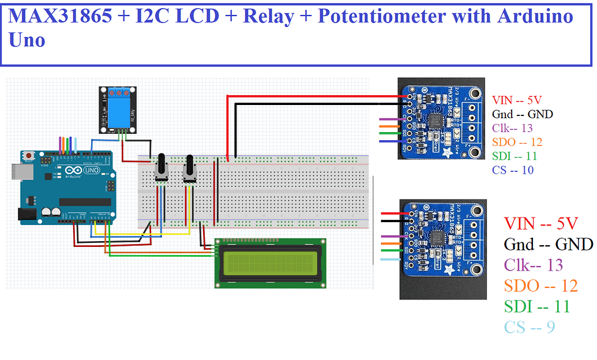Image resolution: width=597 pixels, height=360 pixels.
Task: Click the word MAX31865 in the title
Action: tap(61, 16)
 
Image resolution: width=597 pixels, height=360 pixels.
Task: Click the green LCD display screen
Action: tap(269, 263)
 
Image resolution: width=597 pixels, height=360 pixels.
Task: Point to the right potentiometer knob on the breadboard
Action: tap(189, 170)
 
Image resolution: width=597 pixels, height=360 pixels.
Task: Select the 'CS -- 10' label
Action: tap(513, 170)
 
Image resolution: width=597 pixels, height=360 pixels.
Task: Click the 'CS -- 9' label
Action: tap(530, 327)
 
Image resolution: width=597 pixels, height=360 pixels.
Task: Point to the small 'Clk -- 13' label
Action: tap(512, 128)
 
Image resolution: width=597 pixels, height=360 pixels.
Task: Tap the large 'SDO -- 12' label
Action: tap(540, 286)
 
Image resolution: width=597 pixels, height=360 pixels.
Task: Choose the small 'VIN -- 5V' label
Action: tap(517, 99)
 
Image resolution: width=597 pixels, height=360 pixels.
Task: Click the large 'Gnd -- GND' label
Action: tap(548, 244)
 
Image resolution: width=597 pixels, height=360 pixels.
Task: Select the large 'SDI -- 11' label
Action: tap(537, 306)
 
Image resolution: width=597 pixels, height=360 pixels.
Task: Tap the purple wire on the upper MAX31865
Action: tap(389, 119)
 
